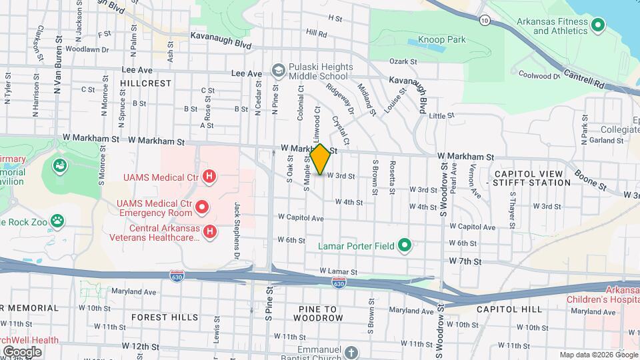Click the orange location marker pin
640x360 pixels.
(321, 159)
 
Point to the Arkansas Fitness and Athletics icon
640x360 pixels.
(598, 26)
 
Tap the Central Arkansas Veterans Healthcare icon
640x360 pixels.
(209, 231)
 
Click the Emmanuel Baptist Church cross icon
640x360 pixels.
(352, 351)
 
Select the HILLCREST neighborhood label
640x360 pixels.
(146, 83)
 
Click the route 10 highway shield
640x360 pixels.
(485, 21)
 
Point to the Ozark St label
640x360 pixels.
(403, 61)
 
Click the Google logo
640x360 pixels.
(22, 352)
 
